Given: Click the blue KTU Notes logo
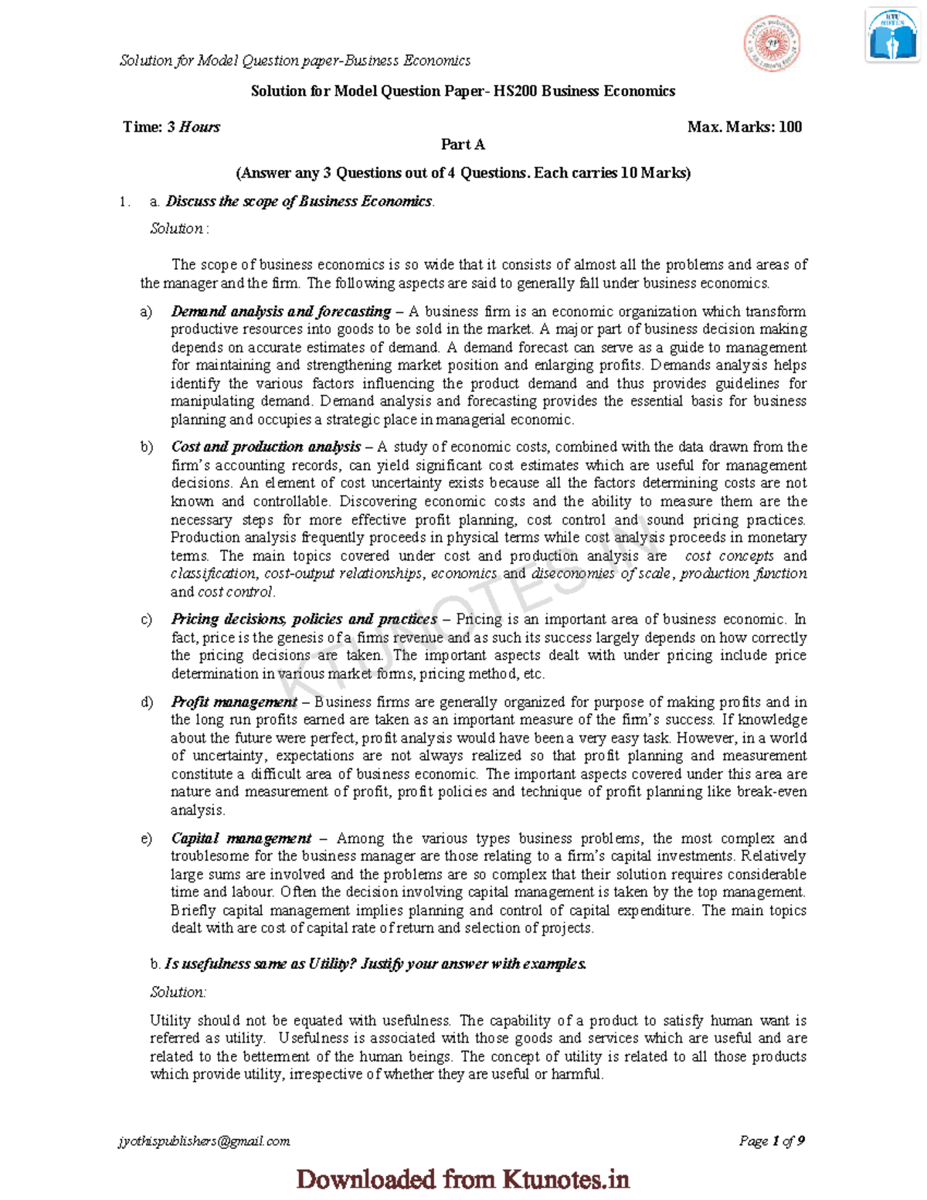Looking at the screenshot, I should [891, 36].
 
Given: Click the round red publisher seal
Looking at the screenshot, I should [771, 44].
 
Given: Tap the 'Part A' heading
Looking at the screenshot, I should [463, 144].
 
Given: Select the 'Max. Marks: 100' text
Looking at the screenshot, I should [744, 127].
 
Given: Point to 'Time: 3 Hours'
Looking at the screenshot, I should [171, 127].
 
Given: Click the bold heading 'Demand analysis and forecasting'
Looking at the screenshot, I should [280, 311].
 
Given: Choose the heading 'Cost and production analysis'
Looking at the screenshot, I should [266, 447].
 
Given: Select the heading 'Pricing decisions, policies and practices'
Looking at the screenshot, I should [304, 619].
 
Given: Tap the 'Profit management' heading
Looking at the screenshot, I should [234, 702].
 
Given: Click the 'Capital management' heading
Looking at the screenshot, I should [241, 838].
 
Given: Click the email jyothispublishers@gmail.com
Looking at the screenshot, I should [204, 1141].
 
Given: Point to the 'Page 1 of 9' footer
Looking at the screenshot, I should [772, 1141].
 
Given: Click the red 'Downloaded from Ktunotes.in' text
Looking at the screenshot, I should [463, 1179].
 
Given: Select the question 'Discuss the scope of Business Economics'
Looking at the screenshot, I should [299, 202].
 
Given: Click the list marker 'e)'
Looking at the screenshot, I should [146, 838].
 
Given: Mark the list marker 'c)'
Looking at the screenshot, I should [146, 619].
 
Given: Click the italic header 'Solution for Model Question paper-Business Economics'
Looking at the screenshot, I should [294, 60].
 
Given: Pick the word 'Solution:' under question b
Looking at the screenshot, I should [178, 992].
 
